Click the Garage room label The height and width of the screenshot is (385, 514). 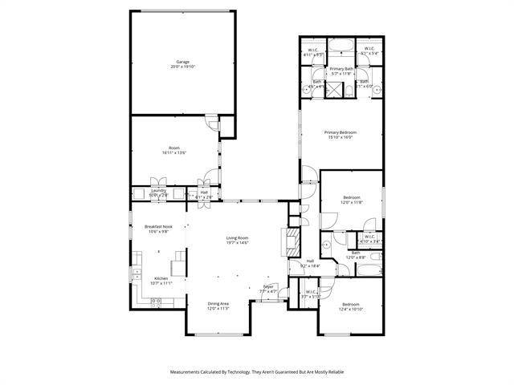[183, 62]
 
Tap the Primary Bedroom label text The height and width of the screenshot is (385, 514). [341, 132]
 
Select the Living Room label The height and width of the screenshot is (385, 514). [236, 237]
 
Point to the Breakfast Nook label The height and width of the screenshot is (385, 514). [159, 227]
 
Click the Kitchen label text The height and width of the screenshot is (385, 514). [161, 278]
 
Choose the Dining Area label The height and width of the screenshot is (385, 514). [218, 303]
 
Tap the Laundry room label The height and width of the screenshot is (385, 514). [158, 191]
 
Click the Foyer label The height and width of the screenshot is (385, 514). [268, 286]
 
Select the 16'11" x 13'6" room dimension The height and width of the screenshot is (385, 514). [174, 152]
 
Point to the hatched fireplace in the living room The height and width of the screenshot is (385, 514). [292, 241]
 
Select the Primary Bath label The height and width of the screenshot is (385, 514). [341, 68]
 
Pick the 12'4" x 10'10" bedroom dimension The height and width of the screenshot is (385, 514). [352, 309]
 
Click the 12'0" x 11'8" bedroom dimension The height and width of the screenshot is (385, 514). [352, 203]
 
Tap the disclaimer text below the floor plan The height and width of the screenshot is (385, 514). [256, 372]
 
